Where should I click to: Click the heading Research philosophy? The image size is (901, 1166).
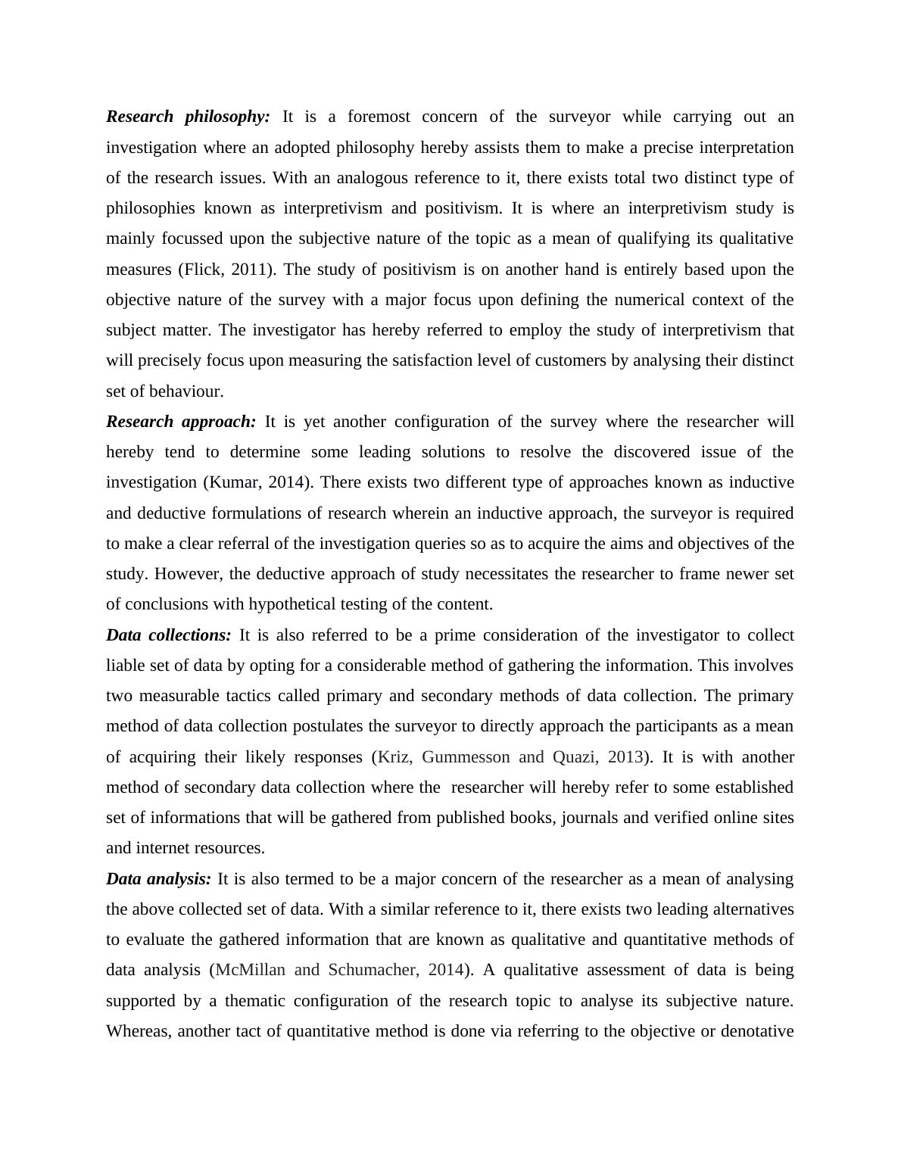click(188, 117)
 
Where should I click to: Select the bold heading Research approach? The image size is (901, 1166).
click(181, 422)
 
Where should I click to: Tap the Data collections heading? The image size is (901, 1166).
click(169, 634)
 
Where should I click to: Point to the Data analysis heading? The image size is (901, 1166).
click(158, 879)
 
